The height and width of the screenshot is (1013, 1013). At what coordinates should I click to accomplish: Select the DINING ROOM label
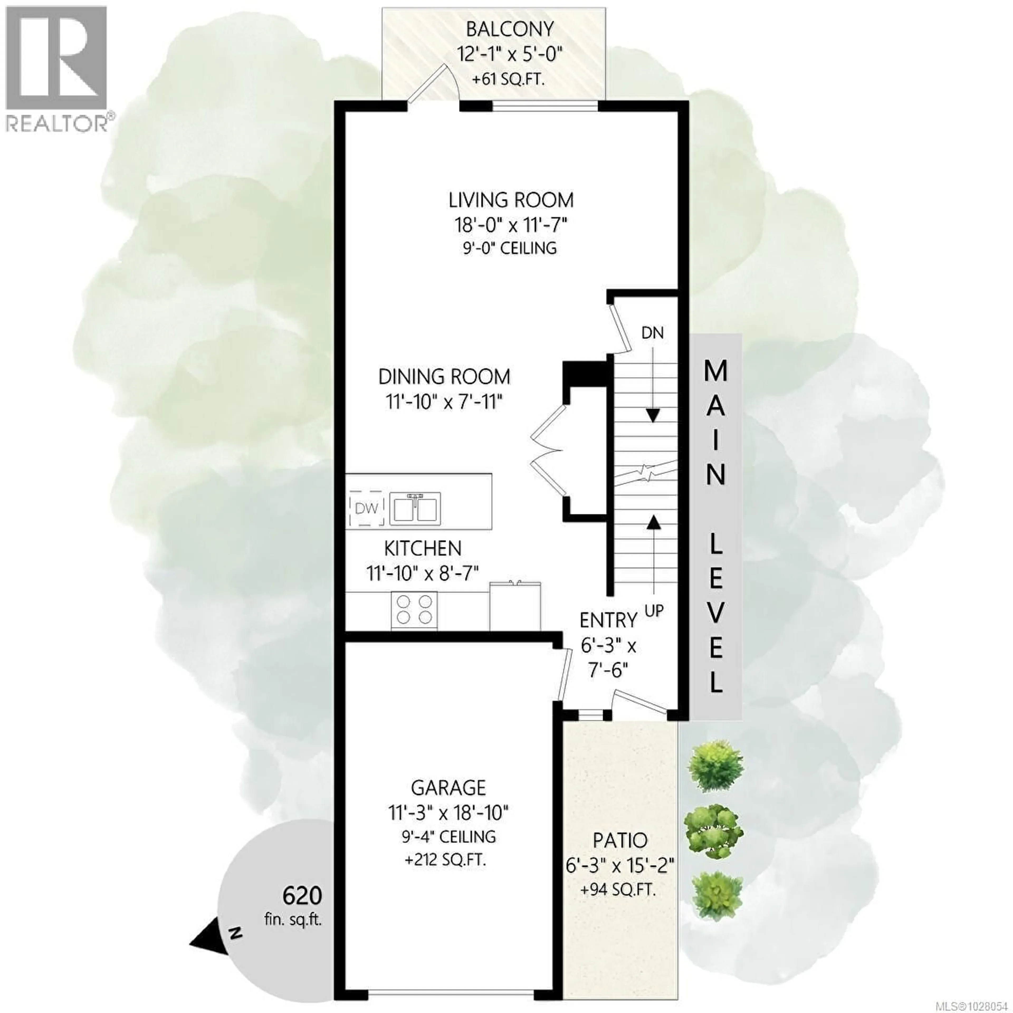444,376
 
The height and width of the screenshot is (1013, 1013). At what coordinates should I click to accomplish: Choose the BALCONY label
510,29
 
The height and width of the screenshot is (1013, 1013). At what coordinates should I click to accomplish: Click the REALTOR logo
57,68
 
